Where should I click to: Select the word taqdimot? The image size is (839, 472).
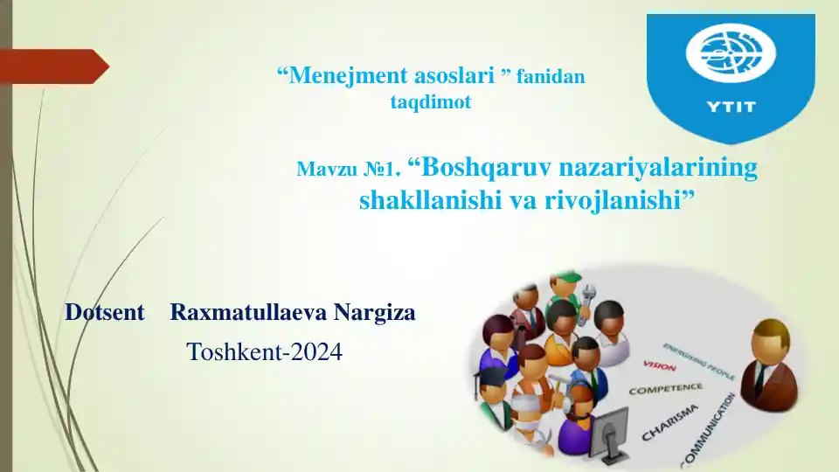[430, 102]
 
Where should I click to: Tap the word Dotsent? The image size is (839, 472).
[105, 312]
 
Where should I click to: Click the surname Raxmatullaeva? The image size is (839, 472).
[248, 312]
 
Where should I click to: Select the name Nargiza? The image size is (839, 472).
[374, 312]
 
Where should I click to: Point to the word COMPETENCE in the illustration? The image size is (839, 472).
[666, 388]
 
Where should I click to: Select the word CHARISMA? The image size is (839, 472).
[670, 422]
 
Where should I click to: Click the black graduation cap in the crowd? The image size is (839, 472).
[491, 373]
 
